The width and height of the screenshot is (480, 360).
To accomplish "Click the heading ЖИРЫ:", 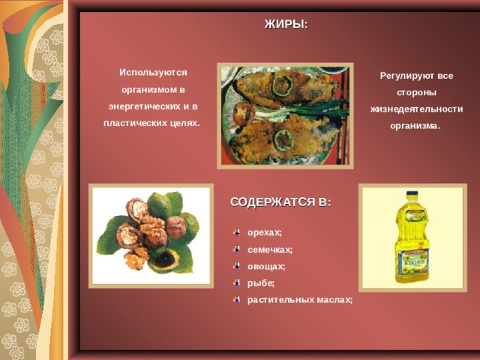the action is [286, 24].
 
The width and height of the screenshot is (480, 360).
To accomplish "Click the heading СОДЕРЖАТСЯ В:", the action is [280, 202].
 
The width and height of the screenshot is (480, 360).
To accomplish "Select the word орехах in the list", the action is [263, 232].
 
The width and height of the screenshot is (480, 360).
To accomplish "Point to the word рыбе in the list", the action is [259, 283].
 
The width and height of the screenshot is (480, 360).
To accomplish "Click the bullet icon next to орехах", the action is [237, 232].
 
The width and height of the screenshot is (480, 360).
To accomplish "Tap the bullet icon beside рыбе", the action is [237, 283].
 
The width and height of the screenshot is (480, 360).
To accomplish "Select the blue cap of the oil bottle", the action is [412, 194].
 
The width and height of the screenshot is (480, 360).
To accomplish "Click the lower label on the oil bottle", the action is [413, 262].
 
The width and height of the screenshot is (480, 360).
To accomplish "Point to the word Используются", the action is [153, 73].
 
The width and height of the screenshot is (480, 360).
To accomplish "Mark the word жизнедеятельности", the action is [416, 109].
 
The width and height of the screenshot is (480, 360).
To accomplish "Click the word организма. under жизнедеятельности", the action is [415, 126].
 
